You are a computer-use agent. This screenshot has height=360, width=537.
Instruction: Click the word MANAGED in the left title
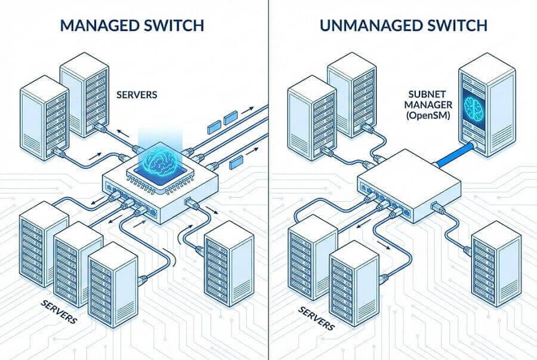[x=96, y=25]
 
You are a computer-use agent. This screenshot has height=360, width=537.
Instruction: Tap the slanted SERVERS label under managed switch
[x=59, y=311]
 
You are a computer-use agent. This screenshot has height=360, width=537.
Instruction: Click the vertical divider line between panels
[x=268, y=179]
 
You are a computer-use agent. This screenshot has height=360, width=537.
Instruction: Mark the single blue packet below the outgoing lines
[x=236, y=160]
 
